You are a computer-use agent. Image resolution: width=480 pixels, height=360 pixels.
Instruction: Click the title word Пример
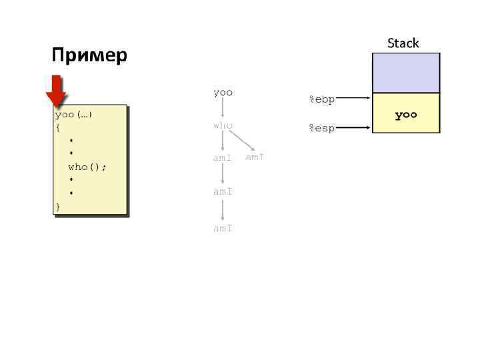coord(89,55)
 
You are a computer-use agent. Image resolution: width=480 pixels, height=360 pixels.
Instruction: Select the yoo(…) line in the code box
coord(73,114)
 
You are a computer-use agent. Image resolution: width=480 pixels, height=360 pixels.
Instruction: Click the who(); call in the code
coord(87,167)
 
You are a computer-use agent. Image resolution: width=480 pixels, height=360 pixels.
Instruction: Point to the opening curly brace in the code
coord(58,127)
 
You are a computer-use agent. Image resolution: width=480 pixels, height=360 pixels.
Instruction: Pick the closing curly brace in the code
coord(58,207)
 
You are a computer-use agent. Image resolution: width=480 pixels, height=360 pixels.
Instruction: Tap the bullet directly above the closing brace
coord(71,194)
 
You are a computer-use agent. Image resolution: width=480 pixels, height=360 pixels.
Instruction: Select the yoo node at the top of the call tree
coord(223,93)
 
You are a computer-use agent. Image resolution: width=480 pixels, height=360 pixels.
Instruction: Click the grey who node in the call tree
coord(223,125)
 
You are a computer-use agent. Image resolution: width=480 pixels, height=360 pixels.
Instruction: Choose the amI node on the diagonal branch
coord(255,157)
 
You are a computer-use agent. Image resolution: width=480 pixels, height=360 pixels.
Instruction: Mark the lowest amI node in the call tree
coord(223,228)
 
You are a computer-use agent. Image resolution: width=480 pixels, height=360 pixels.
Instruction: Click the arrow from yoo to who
coord(223,109)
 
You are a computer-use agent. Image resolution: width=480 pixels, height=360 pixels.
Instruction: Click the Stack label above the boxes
coord(403,43)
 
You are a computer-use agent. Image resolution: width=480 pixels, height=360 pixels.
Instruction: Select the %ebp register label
coord(321,100)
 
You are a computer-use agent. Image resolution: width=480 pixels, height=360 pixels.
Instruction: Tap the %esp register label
coord(321,128)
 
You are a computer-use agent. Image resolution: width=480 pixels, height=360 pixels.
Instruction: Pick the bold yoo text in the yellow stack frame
coord(405,115)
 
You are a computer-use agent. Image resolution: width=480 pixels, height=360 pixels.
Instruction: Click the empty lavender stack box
coord(405,73)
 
